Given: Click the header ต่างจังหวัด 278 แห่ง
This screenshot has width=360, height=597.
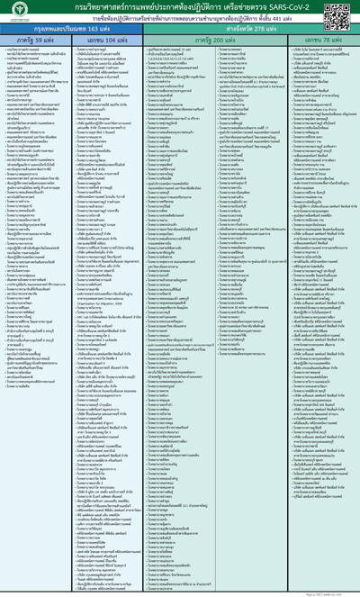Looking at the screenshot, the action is pyautogui.click(x=249, y=29).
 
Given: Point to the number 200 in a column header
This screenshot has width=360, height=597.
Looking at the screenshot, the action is pyautogui.click(x=220, y=41).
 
